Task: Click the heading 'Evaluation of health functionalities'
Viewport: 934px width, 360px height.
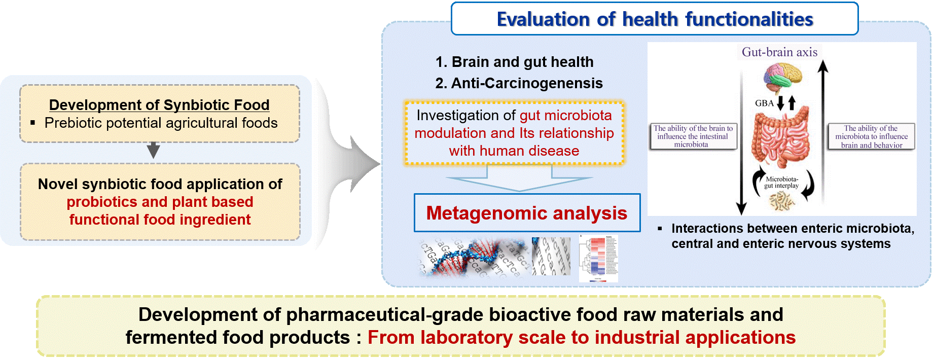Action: click(x=655, y=19)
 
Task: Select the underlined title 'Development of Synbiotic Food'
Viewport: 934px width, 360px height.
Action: click(x=159, y=105)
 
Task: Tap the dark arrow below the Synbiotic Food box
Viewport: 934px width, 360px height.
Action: click(x=153, y=150)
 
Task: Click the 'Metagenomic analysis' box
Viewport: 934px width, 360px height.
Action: click(x=527, y=213)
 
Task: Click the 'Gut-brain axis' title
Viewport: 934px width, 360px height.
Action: click(x=779, y=52)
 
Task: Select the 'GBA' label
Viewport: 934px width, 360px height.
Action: click(x=764, y=103)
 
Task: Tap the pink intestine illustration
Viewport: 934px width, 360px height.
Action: click(x=781, y=140)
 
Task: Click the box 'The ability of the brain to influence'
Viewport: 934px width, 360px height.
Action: click(x=693, y=136)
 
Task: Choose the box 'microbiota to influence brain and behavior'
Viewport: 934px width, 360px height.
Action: click(x=871, y=136)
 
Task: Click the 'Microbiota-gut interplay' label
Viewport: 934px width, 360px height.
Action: click(x=781, y=183)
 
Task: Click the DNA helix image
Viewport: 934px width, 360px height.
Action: click(x=472, y=258)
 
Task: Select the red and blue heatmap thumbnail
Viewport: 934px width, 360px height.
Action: click(x=598, y=259)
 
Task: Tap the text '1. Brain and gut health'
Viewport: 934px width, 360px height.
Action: click(x=514, y=62)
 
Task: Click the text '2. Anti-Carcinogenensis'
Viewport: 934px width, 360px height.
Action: click(x=519, y=83)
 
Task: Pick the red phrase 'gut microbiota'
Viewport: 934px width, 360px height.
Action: click(x=565, y=116)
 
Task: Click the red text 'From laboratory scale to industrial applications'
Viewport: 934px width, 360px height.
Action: click(x=581, y=337)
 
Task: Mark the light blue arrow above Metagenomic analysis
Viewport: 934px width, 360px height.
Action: click(x=519, y=180)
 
